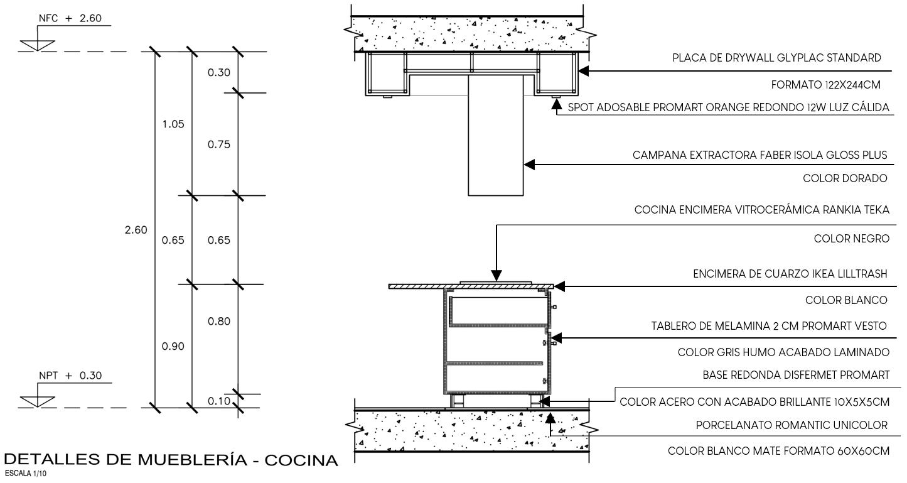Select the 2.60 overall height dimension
coord(136,230)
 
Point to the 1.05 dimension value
coord(173,124)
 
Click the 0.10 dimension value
coord(218,402)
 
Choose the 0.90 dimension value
coord(173,347)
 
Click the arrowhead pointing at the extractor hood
coord(529,165)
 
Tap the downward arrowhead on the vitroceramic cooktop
coord(496,276)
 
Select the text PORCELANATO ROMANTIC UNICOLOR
coord(792,426)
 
